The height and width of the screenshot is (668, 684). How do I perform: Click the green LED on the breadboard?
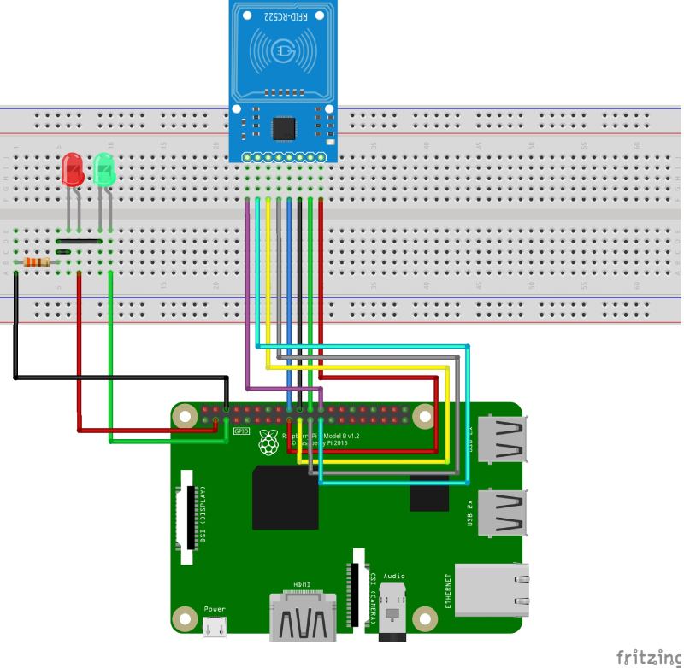(x=104, y=169)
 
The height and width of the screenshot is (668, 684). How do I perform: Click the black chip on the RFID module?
(x=283, y=128)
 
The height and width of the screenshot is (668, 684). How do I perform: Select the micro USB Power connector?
(x=215, y=628)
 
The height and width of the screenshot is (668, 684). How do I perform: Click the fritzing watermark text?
(x=647, y=656)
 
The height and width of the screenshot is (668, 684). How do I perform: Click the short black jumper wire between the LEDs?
(x=78, y=242)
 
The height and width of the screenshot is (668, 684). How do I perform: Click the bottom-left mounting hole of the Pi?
(x=185, y=618)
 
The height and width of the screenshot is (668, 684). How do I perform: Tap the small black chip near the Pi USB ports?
(x=429, y=492)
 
